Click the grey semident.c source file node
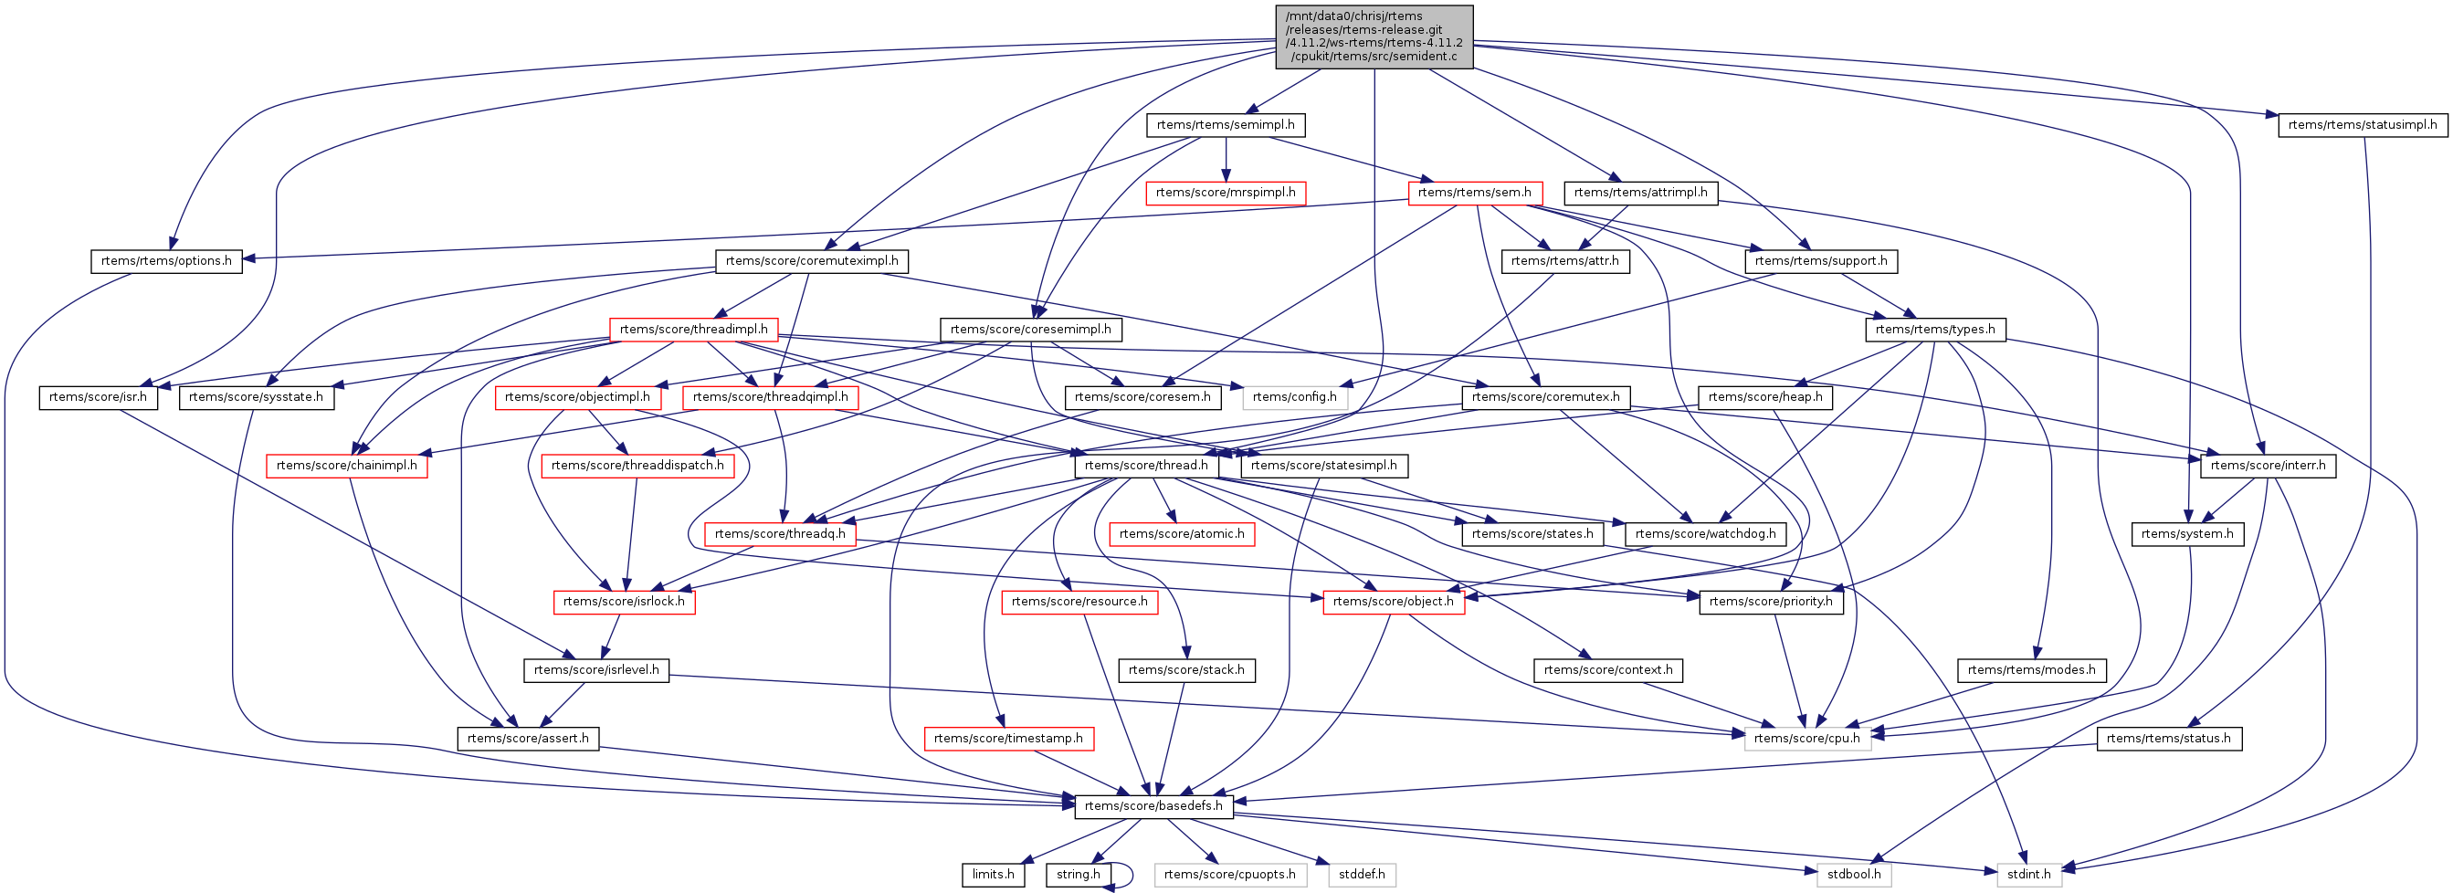(x=1374, y=37)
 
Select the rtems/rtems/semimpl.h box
(x=1225, y=125)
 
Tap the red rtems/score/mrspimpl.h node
(x=1225, y=193)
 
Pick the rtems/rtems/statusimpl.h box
(x=2362, y=125)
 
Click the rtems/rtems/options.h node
(x=166, y=261)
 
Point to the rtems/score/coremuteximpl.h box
(x=811, y=261)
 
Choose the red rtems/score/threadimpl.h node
(x=693, y=330)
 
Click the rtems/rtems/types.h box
(x=1935, y=330)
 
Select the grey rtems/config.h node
(x=1294, y=397)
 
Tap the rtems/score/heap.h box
(x=1764, y=397)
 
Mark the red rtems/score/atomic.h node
(x=1181, y=534)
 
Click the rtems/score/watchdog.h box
(x=1704, y=534)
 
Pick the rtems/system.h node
(x=2186, y=534)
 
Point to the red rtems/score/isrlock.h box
(x=624, y=602)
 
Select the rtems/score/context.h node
(x=1607, y=670)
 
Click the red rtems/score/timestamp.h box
(x=1008, y=739)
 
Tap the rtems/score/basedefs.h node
(x=1153, y=806)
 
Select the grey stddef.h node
(x=1362, y=875)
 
